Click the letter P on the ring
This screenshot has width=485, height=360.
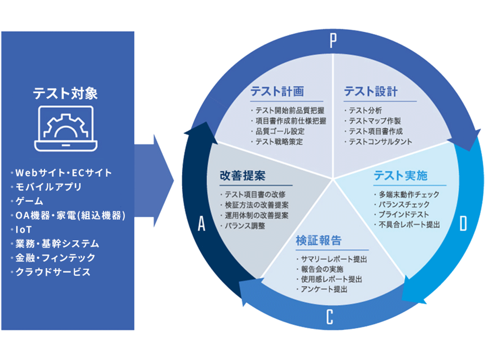pos(333,41)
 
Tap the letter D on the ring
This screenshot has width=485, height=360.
pos(463,223)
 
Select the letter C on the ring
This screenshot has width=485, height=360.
pos(330,317)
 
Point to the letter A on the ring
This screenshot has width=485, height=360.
pos(202,223)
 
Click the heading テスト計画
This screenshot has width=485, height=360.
pos(277,91)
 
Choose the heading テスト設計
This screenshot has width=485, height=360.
pos(371,91)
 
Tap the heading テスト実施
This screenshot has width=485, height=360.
pos(400,175)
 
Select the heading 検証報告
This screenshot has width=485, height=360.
pos(318,240)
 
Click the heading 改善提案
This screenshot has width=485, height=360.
pos(243,175)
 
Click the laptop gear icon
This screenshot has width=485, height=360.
pos(66,128)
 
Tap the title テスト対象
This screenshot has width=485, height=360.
pos(65,93)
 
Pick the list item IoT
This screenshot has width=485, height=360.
pos(23,229)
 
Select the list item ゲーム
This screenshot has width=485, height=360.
pos(29,201)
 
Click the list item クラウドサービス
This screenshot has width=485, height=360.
pos(53,272)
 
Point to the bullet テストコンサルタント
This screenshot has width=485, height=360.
pos(381,142)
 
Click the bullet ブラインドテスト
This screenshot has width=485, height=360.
pos(404,214)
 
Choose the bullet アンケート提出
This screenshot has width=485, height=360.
pos(324,289)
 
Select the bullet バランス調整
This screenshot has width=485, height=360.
pos(245,226)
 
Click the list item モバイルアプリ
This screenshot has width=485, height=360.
pos(48,187)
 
